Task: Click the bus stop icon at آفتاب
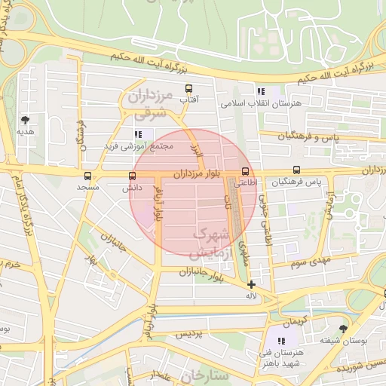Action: click(x=188, y=87)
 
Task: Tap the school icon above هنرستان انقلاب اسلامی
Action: click(x=261, y=91)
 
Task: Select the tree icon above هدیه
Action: click(x=26, y=119)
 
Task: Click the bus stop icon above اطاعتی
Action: click(x=245, y=170)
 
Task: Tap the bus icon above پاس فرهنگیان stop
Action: click(x=296, y=170)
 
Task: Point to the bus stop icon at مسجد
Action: click(x=88, y=176)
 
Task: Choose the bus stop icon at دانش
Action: click(x=133, y=176)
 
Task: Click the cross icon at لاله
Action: click(x=251, y=284)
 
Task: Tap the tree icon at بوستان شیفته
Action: click(x=344, y=329)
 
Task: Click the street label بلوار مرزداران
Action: click(x=195, y=173)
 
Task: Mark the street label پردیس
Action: click(x=190, y=334)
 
